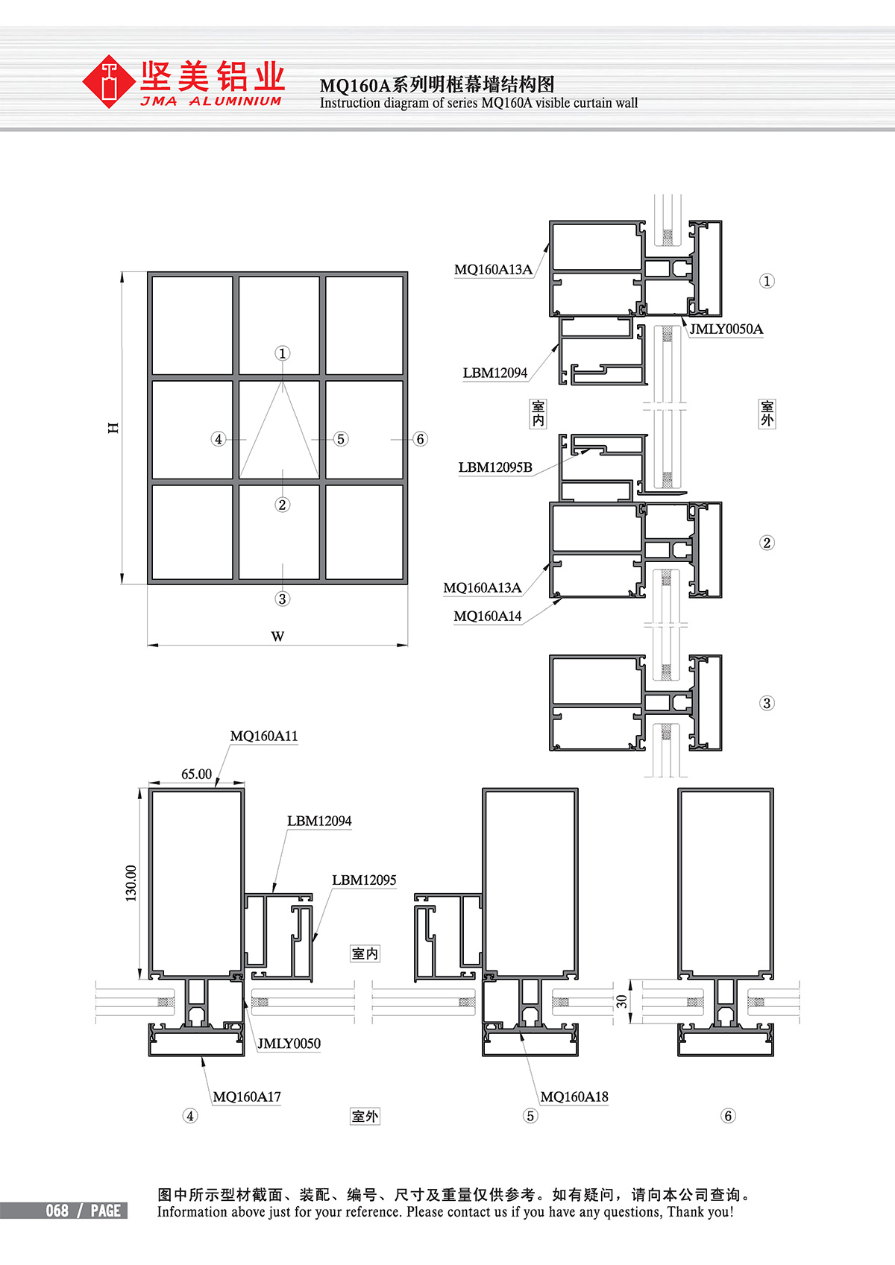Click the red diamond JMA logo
pos(108,81)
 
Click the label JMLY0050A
pos(726,329)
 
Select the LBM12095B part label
pos(495,467)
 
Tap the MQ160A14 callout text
pos(487,616)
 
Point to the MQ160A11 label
pos(263,736)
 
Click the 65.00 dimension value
pos(196,774)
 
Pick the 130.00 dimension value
pos(131,883)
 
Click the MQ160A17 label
pos(246,1097)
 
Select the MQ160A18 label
pos(574,1097)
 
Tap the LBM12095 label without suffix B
pos(364,880)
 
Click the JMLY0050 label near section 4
pos(289,1044)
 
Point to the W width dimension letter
pos(277,637)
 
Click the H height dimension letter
pos(113,427)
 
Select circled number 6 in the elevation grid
pos(420,439)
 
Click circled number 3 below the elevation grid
pos(283,599)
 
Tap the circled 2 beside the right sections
pos(767,543)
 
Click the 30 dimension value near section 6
pos(621,1001)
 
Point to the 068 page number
pos(57,1211)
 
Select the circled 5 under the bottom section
pos(530,1116)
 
